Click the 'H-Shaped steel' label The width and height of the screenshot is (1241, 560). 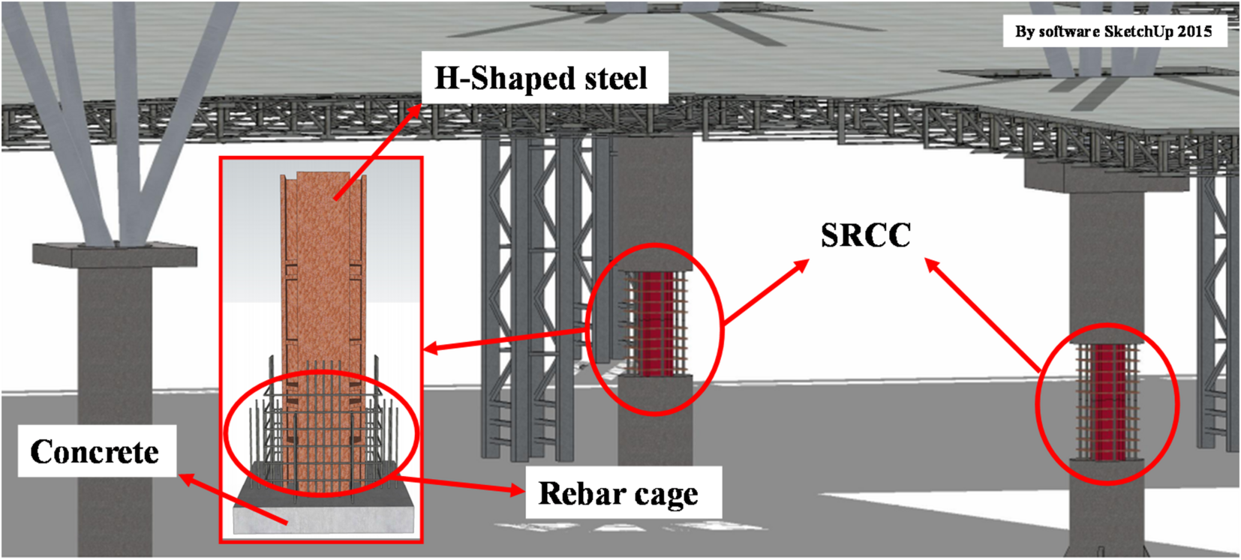[x=540, y=78]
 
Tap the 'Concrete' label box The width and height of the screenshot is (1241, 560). [x=95, y=451]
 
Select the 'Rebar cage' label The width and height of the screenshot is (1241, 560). [x=618, y=493]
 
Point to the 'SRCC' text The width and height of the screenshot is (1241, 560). [x=865, y=235]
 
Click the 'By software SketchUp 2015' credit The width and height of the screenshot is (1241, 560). [x=1113, y=31]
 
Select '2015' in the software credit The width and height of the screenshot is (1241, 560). [x=1194, y=31]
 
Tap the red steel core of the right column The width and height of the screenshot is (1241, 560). [x=1107, y=401]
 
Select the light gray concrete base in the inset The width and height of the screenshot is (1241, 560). [x=323, y=517]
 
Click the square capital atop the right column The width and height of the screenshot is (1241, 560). [x=1107, y=178]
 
